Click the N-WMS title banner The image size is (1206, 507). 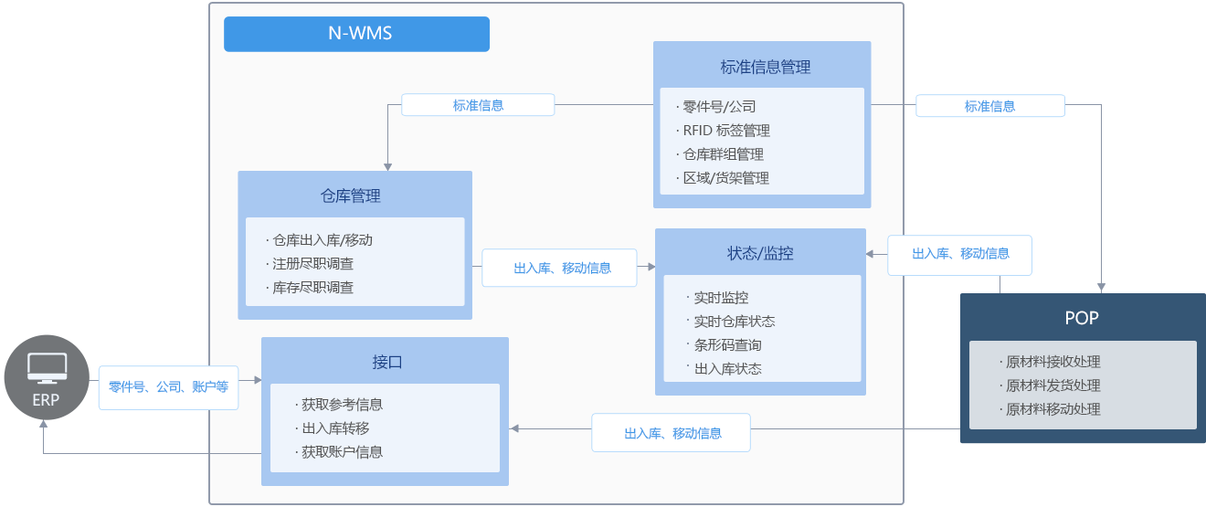click(x=356, y=34)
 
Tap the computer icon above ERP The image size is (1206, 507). click(x=47, y=367)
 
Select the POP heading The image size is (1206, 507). click(x=1082, y=318)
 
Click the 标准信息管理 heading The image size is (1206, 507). click(x=765, y=67)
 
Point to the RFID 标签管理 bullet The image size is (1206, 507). click(x=726, y=131)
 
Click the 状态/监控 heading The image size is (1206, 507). click(x=759, y=253)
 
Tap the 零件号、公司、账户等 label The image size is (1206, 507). click(x=168, y=386)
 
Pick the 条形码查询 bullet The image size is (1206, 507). click(x=727, y=345)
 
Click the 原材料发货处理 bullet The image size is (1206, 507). click(x=1053, y=386)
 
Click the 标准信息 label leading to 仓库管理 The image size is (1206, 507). click(x=478, y=105)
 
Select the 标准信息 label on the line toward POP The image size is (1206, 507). click(x=989, y=106)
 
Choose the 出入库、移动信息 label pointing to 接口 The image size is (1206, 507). click(x=672, y=433)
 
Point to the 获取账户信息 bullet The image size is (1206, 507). click(x=342, y=451)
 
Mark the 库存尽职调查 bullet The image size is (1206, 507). click(x=312, y=288)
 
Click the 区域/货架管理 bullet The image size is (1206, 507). click(x=726, y=178)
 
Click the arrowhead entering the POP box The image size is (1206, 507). click(x=1103, y=288)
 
